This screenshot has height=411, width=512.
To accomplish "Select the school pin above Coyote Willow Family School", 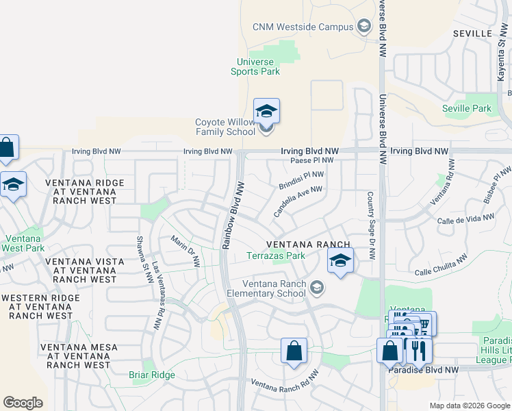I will [x=266, y=111].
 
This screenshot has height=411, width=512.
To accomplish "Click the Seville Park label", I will [x=467, y=108].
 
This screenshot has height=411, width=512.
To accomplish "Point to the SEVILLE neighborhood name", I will [x=472, y=33].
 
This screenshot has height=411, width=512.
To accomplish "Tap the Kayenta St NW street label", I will [x=500, y=60].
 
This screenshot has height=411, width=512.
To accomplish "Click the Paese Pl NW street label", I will [x=311, y=160].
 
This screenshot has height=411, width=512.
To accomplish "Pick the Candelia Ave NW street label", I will [x=298, y=201].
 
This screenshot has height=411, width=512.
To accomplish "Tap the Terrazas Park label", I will [x=276, y=256].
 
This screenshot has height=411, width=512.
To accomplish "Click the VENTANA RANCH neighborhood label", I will [x=308, y=245].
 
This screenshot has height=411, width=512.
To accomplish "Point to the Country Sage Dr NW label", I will [x=370, y=225].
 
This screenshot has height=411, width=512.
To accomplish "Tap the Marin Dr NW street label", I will [x=185, y=251].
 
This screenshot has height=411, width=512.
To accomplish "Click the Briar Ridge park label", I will [x=152, y=375].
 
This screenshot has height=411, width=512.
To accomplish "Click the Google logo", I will [x=23, y=402].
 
